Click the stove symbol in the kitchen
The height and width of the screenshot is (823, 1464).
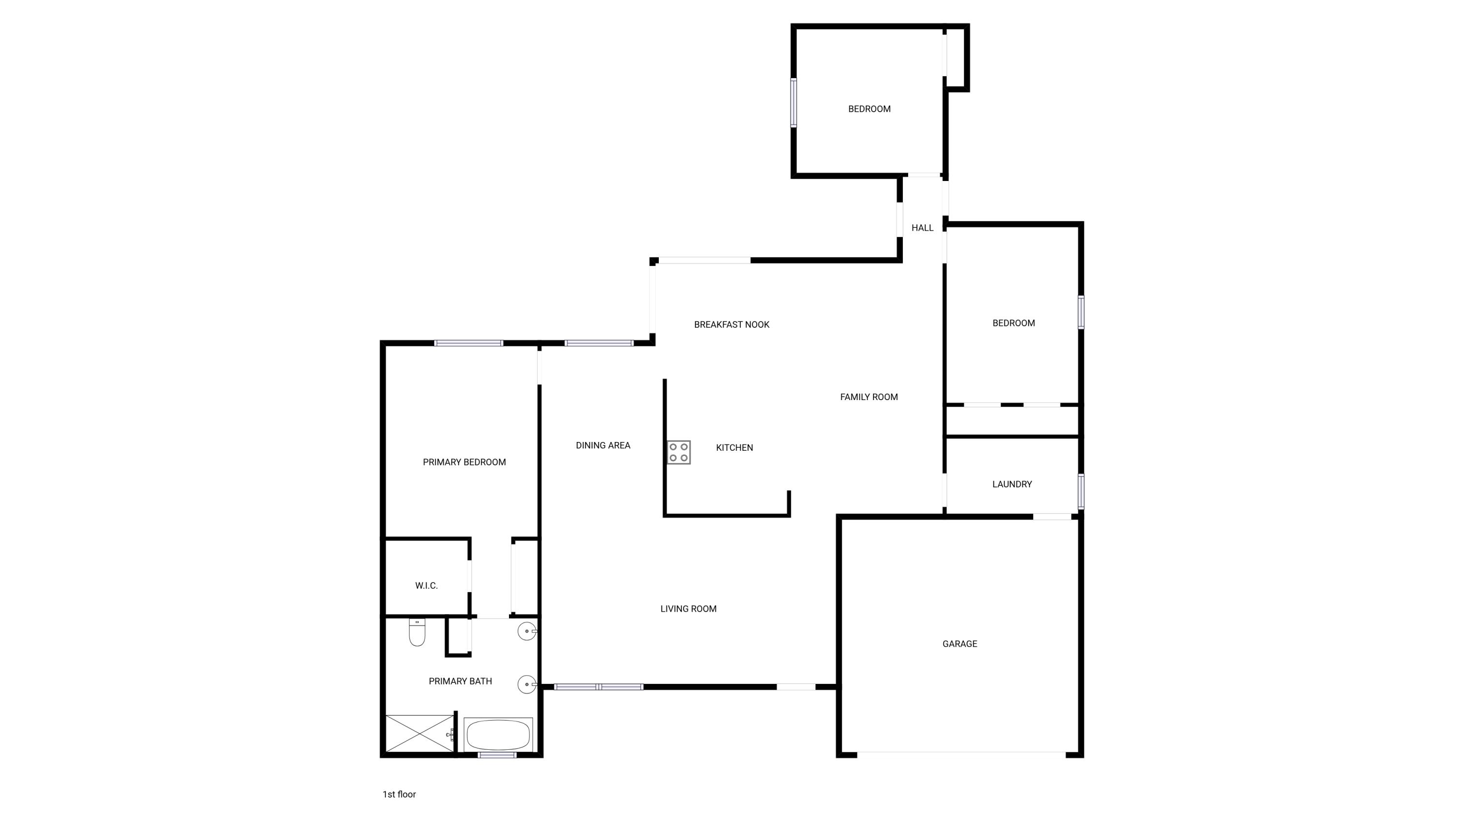(679, 452)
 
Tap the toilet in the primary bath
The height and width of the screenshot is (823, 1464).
(417, 633)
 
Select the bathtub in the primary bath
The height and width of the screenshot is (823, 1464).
(498, 735)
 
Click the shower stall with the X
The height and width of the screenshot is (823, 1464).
(419, 734)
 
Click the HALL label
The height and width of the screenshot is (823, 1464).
(922, 228)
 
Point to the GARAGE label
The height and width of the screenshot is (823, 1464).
(960, 643)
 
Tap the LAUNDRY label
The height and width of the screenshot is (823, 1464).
(1012, 484)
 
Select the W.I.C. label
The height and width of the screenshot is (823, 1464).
(426, 585)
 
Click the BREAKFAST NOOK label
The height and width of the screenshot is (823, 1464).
(732, 324)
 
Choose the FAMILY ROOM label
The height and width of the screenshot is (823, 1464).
(869, 397)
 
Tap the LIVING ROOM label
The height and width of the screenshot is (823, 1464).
(688, 609)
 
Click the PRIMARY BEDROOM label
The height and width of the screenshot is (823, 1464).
(464, 462)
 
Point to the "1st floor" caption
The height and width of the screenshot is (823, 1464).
(399, 794)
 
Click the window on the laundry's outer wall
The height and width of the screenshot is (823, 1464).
(1080, 491)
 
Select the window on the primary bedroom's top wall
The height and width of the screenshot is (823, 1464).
(469, 343)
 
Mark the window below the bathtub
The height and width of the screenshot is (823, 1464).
(497, 755)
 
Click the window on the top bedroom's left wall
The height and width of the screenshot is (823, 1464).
(793, 102)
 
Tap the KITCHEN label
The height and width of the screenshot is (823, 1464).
(734, 447)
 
